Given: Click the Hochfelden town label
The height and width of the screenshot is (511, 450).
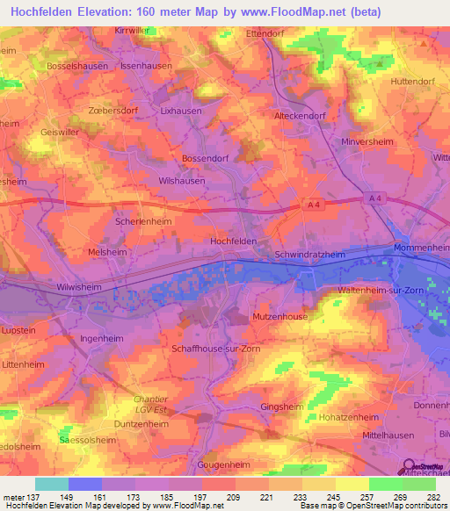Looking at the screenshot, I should point(235,241).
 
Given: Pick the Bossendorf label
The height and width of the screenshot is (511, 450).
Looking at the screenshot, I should point(205,157).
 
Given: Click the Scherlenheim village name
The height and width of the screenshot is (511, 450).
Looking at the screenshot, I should point(144,222).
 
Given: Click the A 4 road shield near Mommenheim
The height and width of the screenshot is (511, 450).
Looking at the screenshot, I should point(376,199).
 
